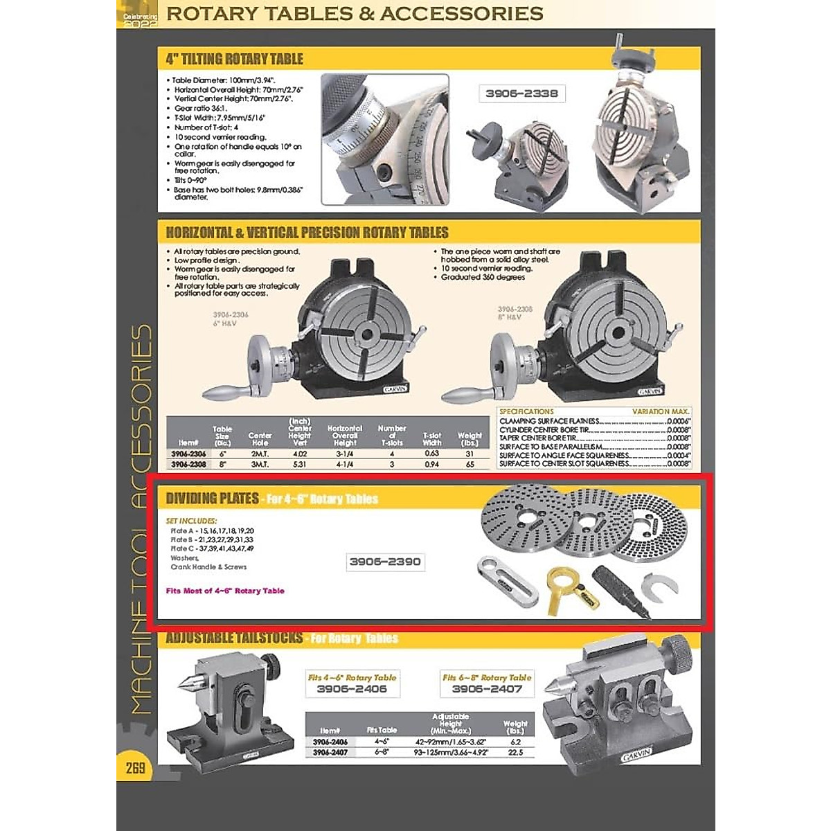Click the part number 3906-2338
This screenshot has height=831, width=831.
point(521,93)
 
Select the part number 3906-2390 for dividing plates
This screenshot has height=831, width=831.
point(385,562)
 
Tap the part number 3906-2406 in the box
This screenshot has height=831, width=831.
point(352,689)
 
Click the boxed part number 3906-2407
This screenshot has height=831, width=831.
point(487,689)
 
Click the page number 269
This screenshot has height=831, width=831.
point(136,768)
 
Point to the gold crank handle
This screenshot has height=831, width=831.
point(564,588)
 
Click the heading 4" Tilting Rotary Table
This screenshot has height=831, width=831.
point(234,59)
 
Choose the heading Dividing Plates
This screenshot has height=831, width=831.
point(212,499)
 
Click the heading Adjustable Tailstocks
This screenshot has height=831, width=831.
point(234,638)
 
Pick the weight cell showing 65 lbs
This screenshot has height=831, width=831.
point(470,464)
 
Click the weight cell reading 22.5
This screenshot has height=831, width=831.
point(515,752)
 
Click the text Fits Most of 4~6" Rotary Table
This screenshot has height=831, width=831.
point(225,591)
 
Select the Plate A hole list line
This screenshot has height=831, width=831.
point(212,531)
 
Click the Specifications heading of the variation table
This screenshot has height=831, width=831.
point(526,411)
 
